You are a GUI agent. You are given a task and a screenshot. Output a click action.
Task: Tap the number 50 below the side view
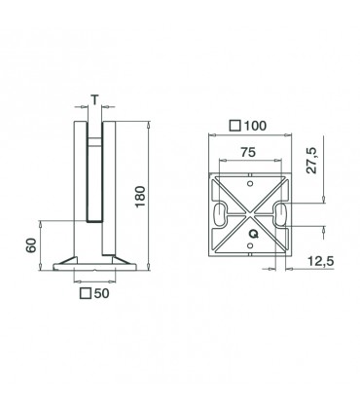click(101, 292)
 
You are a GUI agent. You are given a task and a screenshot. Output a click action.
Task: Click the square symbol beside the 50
click(85, 292)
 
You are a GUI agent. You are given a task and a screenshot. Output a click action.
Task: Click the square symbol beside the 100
click(235, 126)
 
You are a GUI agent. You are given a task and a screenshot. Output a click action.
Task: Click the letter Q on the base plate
click(252, 233)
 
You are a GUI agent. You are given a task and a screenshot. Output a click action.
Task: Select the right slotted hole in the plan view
click(280, 216)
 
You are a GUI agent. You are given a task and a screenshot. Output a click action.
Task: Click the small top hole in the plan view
click(251, 180)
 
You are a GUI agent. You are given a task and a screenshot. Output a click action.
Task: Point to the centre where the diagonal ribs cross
click(251, 216)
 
